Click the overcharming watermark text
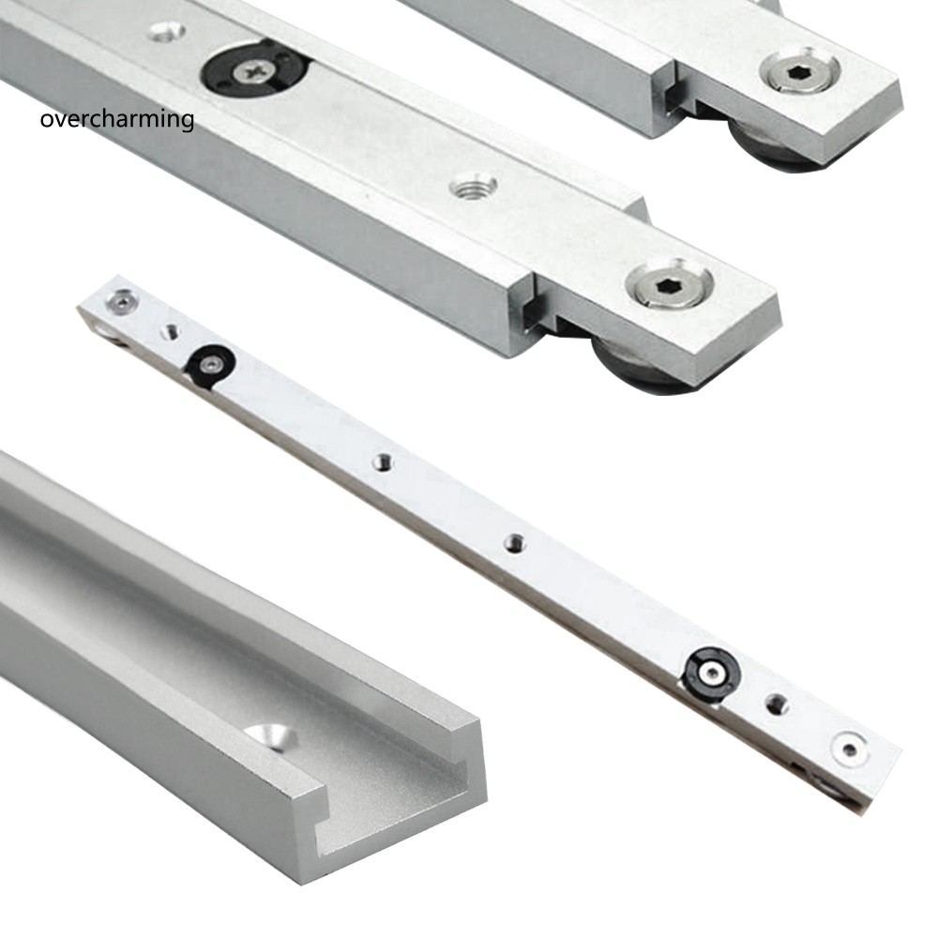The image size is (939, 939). [117, 120]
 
